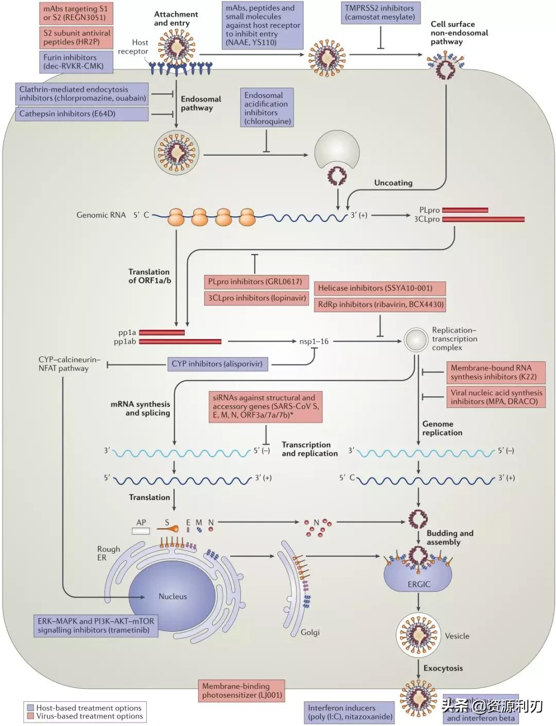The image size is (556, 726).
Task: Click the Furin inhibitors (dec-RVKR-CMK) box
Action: click(76, 62)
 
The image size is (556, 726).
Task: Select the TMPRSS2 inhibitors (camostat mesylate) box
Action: click(380, 13)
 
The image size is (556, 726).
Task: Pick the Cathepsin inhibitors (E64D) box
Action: click(82, 114)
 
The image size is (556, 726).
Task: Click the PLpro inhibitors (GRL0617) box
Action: click(256, 282)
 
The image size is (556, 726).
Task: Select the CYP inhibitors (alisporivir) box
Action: click(217, 364)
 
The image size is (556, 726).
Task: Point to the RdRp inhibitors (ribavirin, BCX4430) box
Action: click(380, 305)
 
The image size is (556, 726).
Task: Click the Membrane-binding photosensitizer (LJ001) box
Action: click(242, 690)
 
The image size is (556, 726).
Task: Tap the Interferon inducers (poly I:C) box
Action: click(350, 712)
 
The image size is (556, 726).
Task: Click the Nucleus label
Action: click(172, 596)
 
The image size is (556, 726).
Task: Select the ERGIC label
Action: click(419, 584)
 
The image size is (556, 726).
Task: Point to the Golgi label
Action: click(310, 632)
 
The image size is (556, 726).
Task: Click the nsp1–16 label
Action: click(314, 341)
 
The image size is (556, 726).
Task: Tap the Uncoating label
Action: click(393, 183)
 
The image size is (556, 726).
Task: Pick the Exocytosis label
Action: click(443, 668)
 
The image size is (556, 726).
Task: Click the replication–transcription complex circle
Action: click(415, 340)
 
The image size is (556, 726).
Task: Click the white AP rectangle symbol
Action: click(141, 531)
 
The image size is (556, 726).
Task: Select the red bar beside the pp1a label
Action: click(162, 332)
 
